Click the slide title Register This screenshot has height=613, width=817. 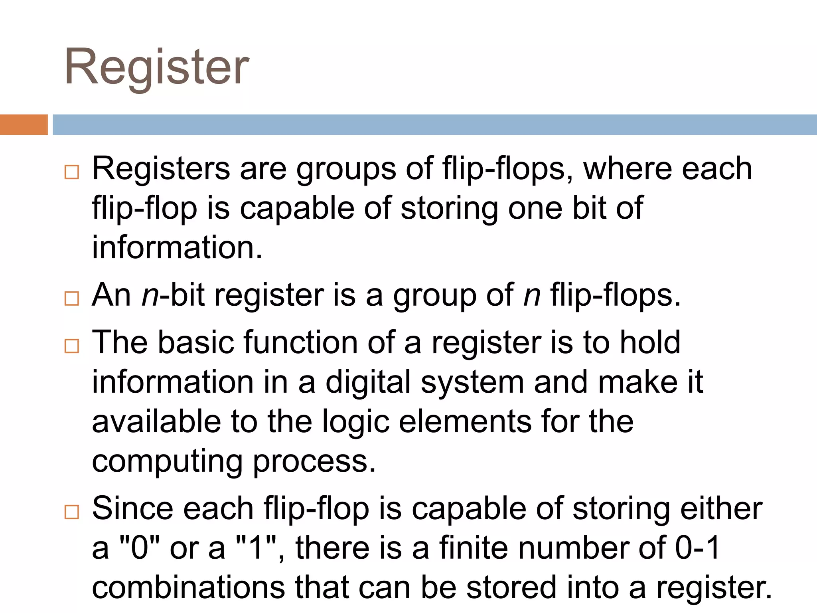pos(157,67)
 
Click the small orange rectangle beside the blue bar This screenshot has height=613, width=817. pos(24,125)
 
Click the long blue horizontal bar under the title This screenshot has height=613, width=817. pos(434,125)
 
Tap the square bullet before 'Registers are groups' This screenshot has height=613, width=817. pos(72,172)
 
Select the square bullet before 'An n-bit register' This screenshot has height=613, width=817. pos(72,299)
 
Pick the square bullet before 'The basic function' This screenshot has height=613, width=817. pos(72,346)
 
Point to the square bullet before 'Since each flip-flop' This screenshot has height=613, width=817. pos(72,512)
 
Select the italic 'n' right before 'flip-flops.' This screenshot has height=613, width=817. pos(532,295)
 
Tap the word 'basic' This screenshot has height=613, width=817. pos(195,342)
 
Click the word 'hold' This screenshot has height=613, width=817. pos(650,342)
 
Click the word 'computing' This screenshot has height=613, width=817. pos(167,461)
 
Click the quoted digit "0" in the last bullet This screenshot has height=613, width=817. pos(140,548)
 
